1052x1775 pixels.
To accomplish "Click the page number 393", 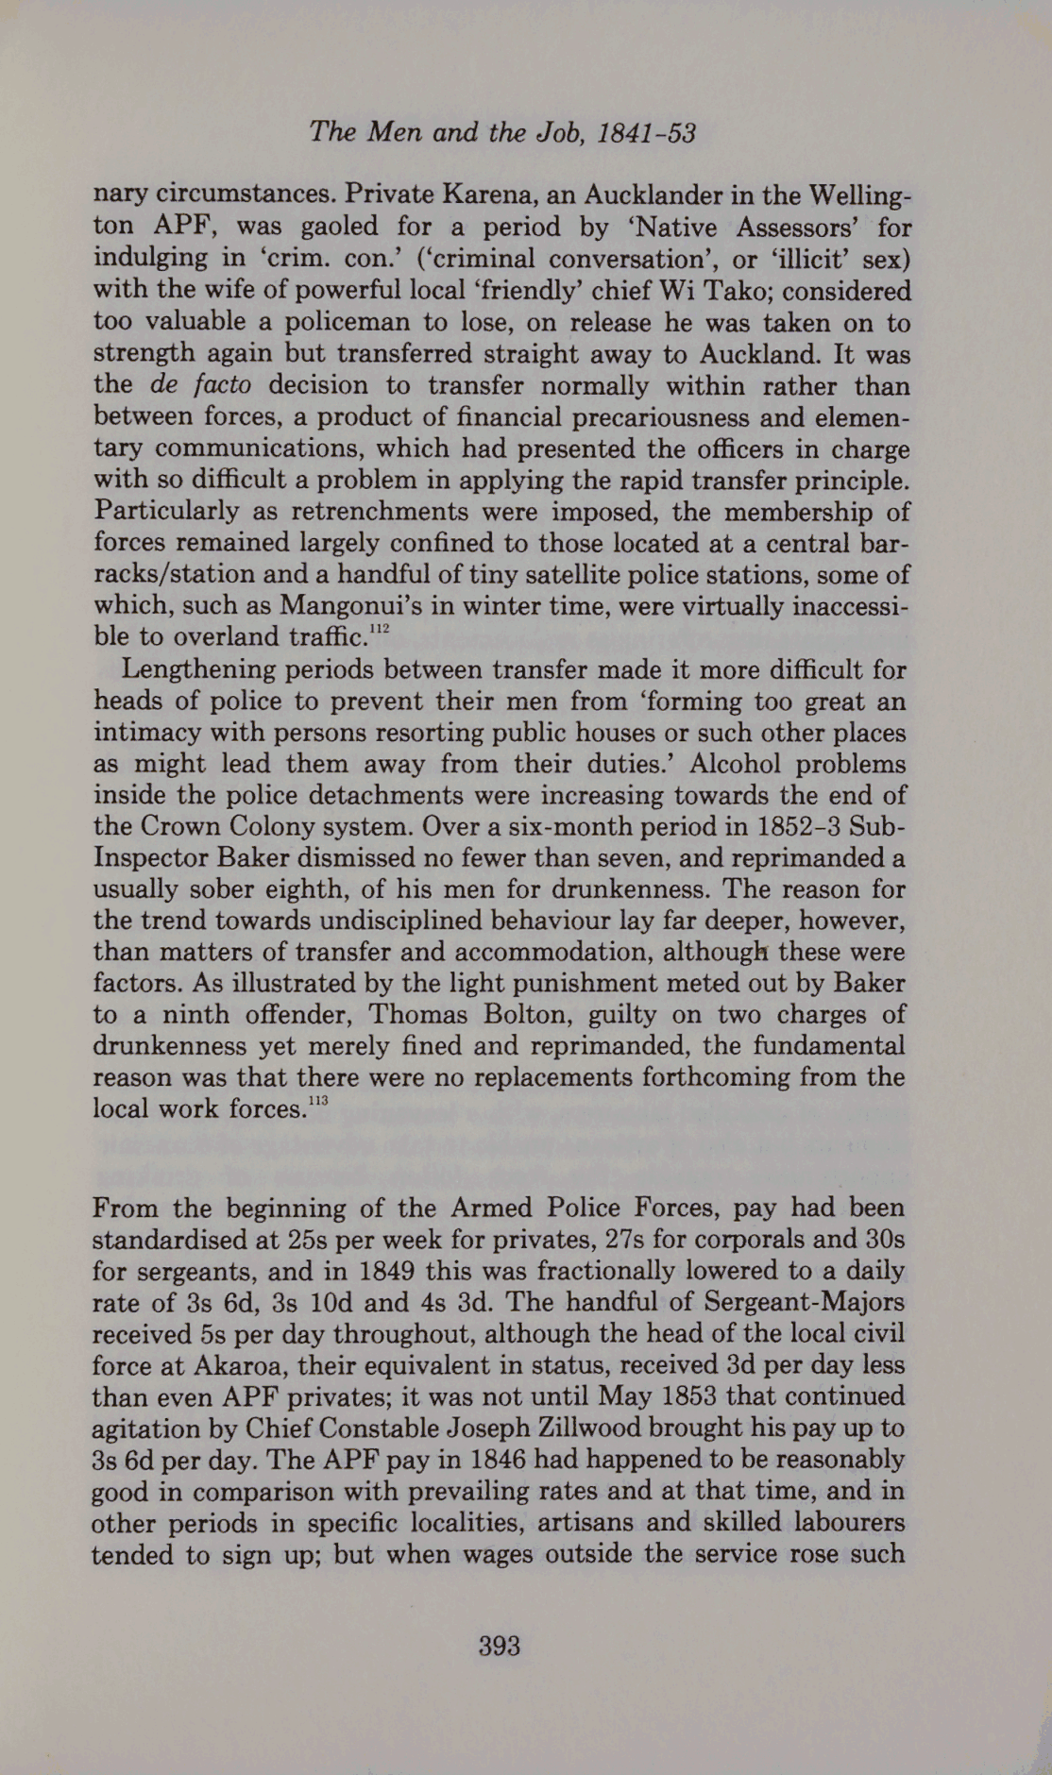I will (x=500, y=1647).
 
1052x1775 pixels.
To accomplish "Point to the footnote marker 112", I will (x=380, y=628).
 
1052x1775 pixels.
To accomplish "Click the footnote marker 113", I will (x=316, y=1100).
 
